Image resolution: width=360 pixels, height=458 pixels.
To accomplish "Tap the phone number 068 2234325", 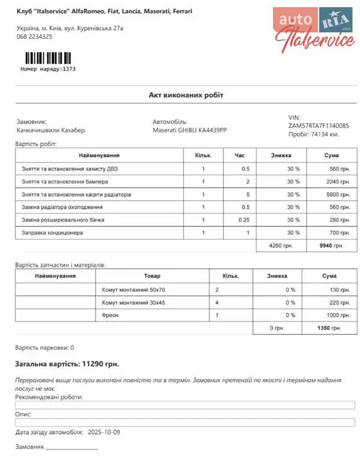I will click(x=34, y=37).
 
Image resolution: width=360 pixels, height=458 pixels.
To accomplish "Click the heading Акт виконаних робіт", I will click(x=187, y=95).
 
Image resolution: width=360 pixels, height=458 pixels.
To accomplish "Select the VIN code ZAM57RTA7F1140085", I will click(x=319, y=126).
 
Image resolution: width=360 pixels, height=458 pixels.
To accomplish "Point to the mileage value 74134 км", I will click(x=326, y=134).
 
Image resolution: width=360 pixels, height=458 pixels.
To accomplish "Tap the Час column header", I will click(x=239, y=155).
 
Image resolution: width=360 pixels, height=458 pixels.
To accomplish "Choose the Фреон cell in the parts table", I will click(x=110, y=315).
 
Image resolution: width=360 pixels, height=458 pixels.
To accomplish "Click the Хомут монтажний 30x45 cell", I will click(x=133, y=302).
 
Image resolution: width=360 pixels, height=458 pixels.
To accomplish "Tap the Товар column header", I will click(x=152, y=276).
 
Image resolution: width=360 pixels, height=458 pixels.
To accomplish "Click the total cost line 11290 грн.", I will click(x=67, y=364).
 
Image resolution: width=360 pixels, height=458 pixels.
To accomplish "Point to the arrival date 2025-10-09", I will click(x=104, y=432).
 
